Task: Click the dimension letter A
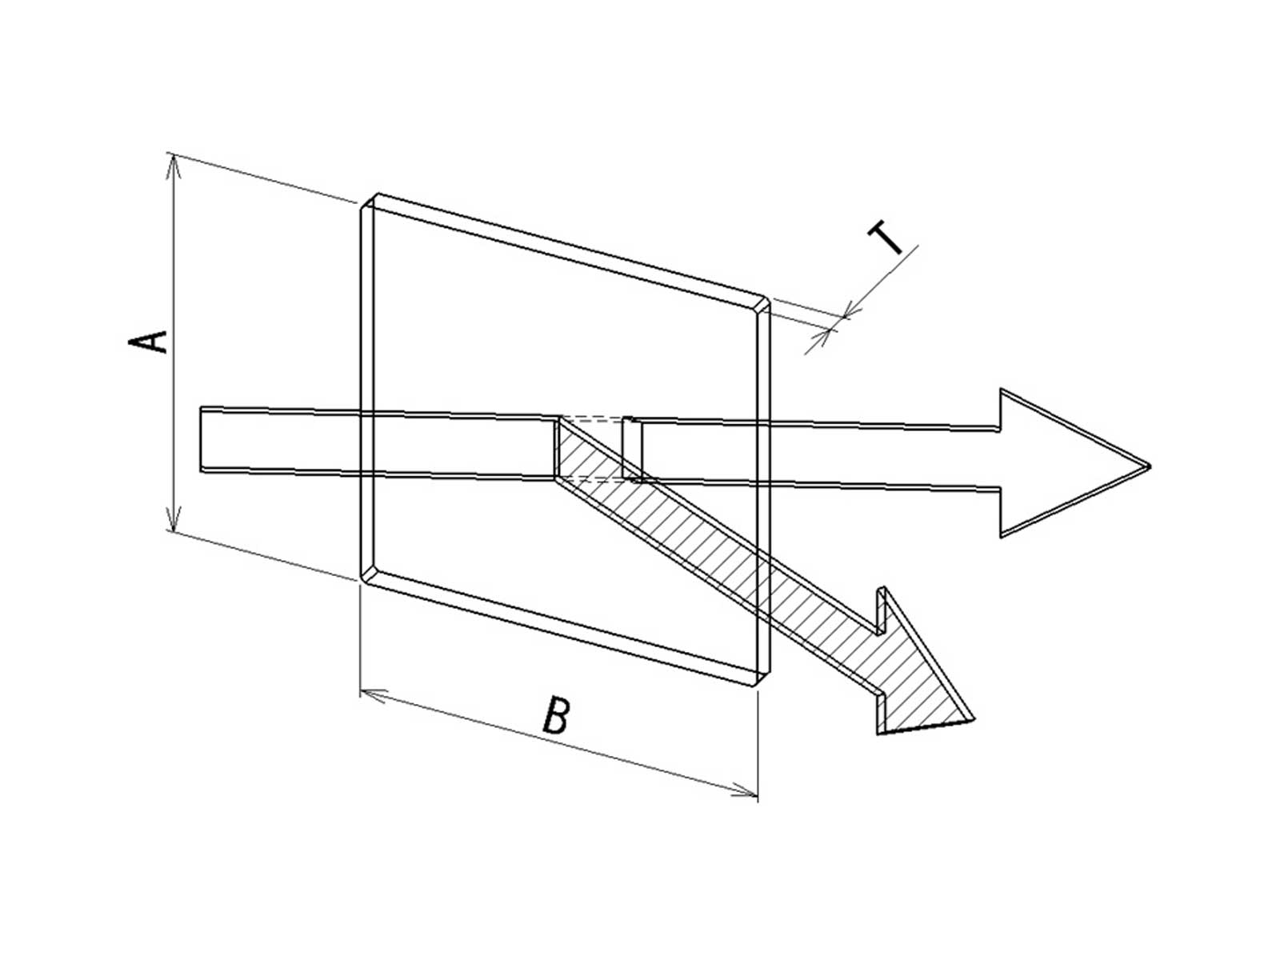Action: point(147,342)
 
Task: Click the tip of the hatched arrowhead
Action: point(974,719)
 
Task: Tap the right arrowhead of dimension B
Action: point(746,791)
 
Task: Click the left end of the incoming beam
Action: point(201,439)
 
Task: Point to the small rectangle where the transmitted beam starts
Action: point(632,448)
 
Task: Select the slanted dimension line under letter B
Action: point(559,742)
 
